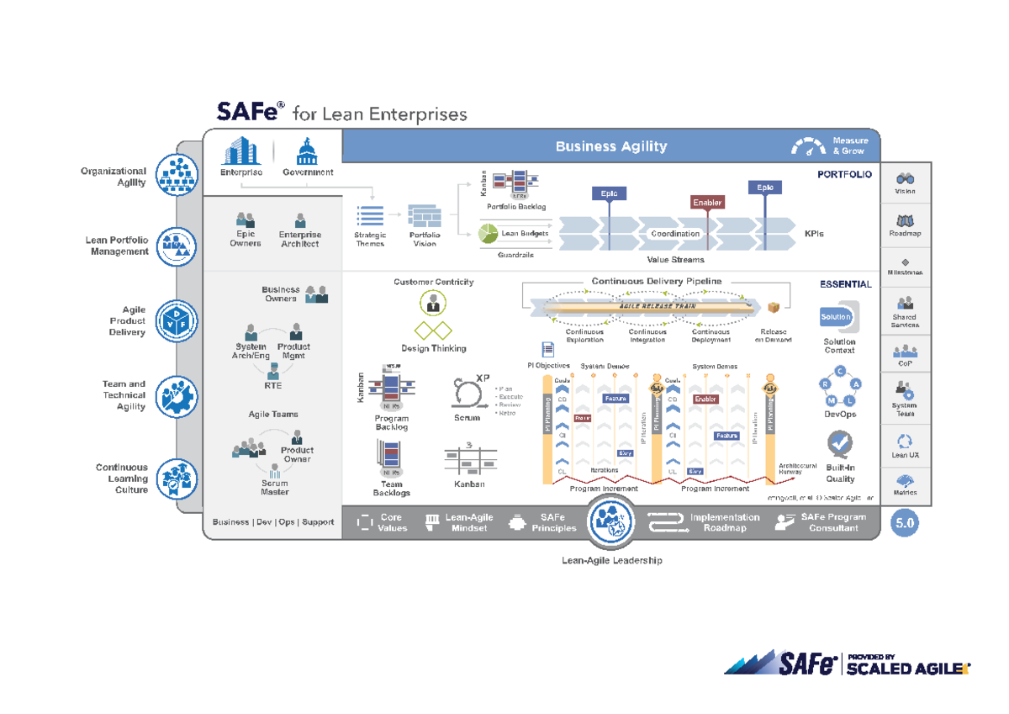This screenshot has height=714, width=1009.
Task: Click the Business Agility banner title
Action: [x=610, y=146]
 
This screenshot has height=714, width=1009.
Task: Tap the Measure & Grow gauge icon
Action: [x=809, y=146]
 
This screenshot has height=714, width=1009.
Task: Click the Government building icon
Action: [x=307, y=152]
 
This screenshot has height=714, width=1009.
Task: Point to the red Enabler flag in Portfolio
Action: [x=707, y=203]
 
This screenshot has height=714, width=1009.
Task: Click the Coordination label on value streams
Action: [x=675, y=234]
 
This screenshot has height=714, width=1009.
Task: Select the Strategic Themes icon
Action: [x=370, y=216]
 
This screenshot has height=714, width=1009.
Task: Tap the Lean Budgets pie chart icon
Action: [x=489, y=233]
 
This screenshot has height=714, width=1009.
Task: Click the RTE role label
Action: [x=273, y=386]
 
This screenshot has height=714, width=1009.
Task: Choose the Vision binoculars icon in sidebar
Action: [x=906, y=178]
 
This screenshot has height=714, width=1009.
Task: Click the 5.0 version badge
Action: [x=906, y=523]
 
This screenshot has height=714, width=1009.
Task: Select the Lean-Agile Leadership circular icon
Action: [x=611, y=522]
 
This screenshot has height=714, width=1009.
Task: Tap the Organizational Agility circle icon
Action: [x=177, y=177]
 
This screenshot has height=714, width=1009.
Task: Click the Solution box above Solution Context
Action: [x=837, y=317]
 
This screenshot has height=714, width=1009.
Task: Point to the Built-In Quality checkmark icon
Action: [x=840, y=443]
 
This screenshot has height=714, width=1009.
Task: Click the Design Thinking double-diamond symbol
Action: [x=433, y=331]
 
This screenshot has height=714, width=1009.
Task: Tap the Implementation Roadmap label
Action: [x=724, y=523]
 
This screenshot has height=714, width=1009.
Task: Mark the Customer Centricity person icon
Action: [x=433, y=302]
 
